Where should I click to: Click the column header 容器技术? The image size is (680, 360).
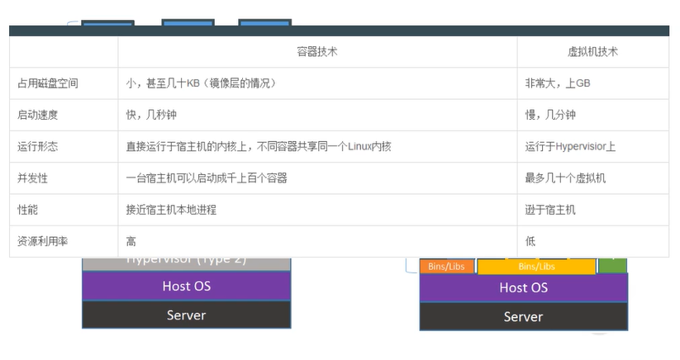317,52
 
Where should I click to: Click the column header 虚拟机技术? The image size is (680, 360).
592,52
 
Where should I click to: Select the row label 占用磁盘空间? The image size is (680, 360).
48,83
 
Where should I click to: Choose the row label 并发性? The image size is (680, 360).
32,178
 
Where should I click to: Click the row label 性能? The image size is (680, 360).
27,210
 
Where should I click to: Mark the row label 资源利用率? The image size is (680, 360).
42,241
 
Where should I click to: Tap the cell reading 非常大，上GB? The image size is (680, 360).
558,83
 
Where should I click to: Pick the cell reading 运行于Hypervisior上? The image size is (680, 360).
570,147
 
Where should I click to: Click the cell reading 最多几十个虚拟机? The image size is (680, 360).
565,178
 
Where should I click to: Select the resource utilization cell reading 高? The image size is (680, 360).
131,241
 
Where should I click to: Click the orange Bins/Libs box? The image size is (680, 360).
447,266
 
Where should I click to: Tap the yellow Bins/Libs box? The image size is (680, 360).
536,266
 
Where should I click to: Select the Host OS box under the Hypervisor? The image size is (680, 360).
187,286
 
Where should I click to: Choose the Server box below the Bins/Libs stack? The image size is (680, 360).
523,316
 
